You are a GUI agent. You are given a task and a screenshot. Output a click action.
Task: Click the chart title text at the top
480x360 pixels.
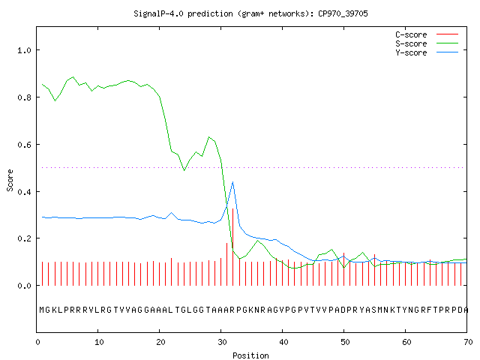(x=250, y=13)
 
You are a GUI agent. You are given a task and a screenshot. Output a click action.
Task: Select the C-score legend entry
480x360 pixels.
(x=427, y=34)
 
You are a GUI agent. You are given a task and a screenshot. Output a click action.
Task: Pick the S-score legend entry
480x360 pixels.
(x=427, y=43)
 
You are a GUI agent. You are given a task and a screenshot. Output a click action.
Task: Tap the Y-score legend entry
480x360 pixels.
(x=427, y=52)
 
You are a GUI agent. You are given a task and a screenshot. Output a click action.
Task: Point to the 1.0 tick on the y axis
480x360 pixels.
(x=24, y=50)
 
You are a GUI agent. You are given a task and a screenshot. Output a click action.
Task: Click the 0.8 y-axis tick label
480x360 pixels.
(x=24, y=97)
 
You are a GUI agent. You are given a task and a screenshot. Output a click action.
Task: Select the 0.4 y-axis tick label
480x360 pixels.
(x=24, y=192)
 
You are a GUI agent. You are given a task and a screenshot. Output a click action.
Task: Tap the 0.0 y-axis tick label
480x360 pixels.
(x=24, y=286)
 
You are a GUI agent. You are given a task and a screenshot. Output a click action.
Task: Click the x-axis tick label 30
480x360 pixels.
(x=222, y=342)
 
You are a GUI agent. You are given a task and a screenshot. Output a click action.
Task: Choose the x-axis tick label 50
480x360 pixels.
(x=345, y=342)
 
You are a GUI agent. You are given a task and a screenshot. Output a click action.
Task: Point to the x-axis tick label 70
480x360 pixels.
(x=468, y=342)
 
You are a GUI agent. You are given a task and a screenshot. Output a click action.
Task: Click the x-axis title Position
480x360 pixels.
(x=250, y=355)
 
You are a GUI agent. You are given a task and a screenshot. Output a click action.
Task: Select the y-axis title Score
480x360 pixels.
(x=10, y=180)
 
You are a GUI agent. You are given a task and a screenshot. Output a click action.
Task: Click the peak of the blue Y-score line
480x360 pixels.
(x=233, y=182)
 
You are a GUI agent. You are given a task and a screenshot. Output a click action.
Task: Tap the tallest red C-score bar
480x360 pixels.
(x=233, y=247)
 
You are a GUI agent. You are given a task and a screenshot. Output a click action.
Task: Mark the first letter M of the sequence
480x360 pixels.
(x=42, y=310)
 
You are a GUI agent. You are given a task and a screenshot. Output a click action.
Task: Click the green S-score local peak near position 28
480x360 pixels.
(x=209, y=137)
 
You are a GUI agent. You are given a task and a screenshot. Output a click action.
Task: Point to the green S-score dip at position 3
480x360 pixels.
(x=55, y=100)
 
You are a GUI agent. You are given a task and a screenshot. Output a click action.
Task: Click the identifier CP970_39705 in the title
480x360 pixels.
(x=343, y=13)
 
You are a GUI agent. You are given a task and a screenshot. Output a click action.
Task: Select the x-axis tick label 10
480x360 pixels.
(x=99, y=342)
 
